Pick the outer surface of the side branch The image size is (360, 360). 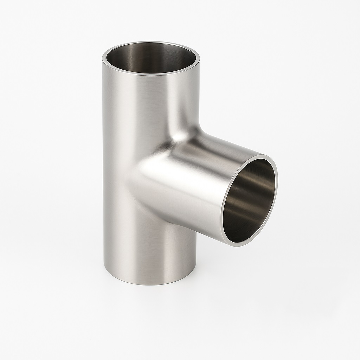pos(190,183)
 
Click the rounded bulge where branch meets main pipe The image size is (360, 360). pos(148,172)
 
